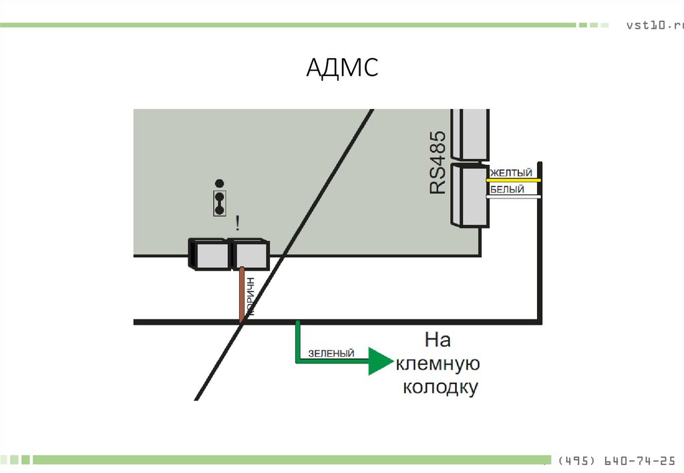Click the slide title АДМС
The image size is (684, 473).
(x=342, y=67)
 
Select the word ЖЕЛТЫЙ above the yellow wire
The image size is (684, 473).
(x=512, y=174)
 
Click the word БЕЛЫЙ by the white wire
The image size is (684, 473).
(x=507, y=190)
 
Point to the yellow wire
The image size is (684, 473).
(x=515, y=180)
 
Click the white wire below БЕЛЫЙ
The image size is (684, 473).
(x=515, y=196)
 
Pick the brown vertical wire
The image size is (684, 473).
(x=242, y=294)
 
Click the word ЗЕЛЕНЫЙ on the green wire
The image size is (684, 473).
(x=331, y=353)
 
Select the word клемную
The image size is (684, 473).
(x=438, y=364)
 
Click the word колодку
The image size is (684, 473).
(x=440, y=387)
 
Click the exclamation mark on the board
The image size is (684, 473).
(x=237, y=222)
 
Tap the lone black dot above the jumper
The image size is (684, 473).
(x=218, y=183)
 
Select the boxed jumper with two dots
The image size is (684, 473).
(x=218, y=203)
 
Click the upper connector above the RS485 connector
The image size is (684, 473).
(x=470, y=134)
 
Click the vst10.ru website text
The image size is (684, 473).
(x=655, y=25)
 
